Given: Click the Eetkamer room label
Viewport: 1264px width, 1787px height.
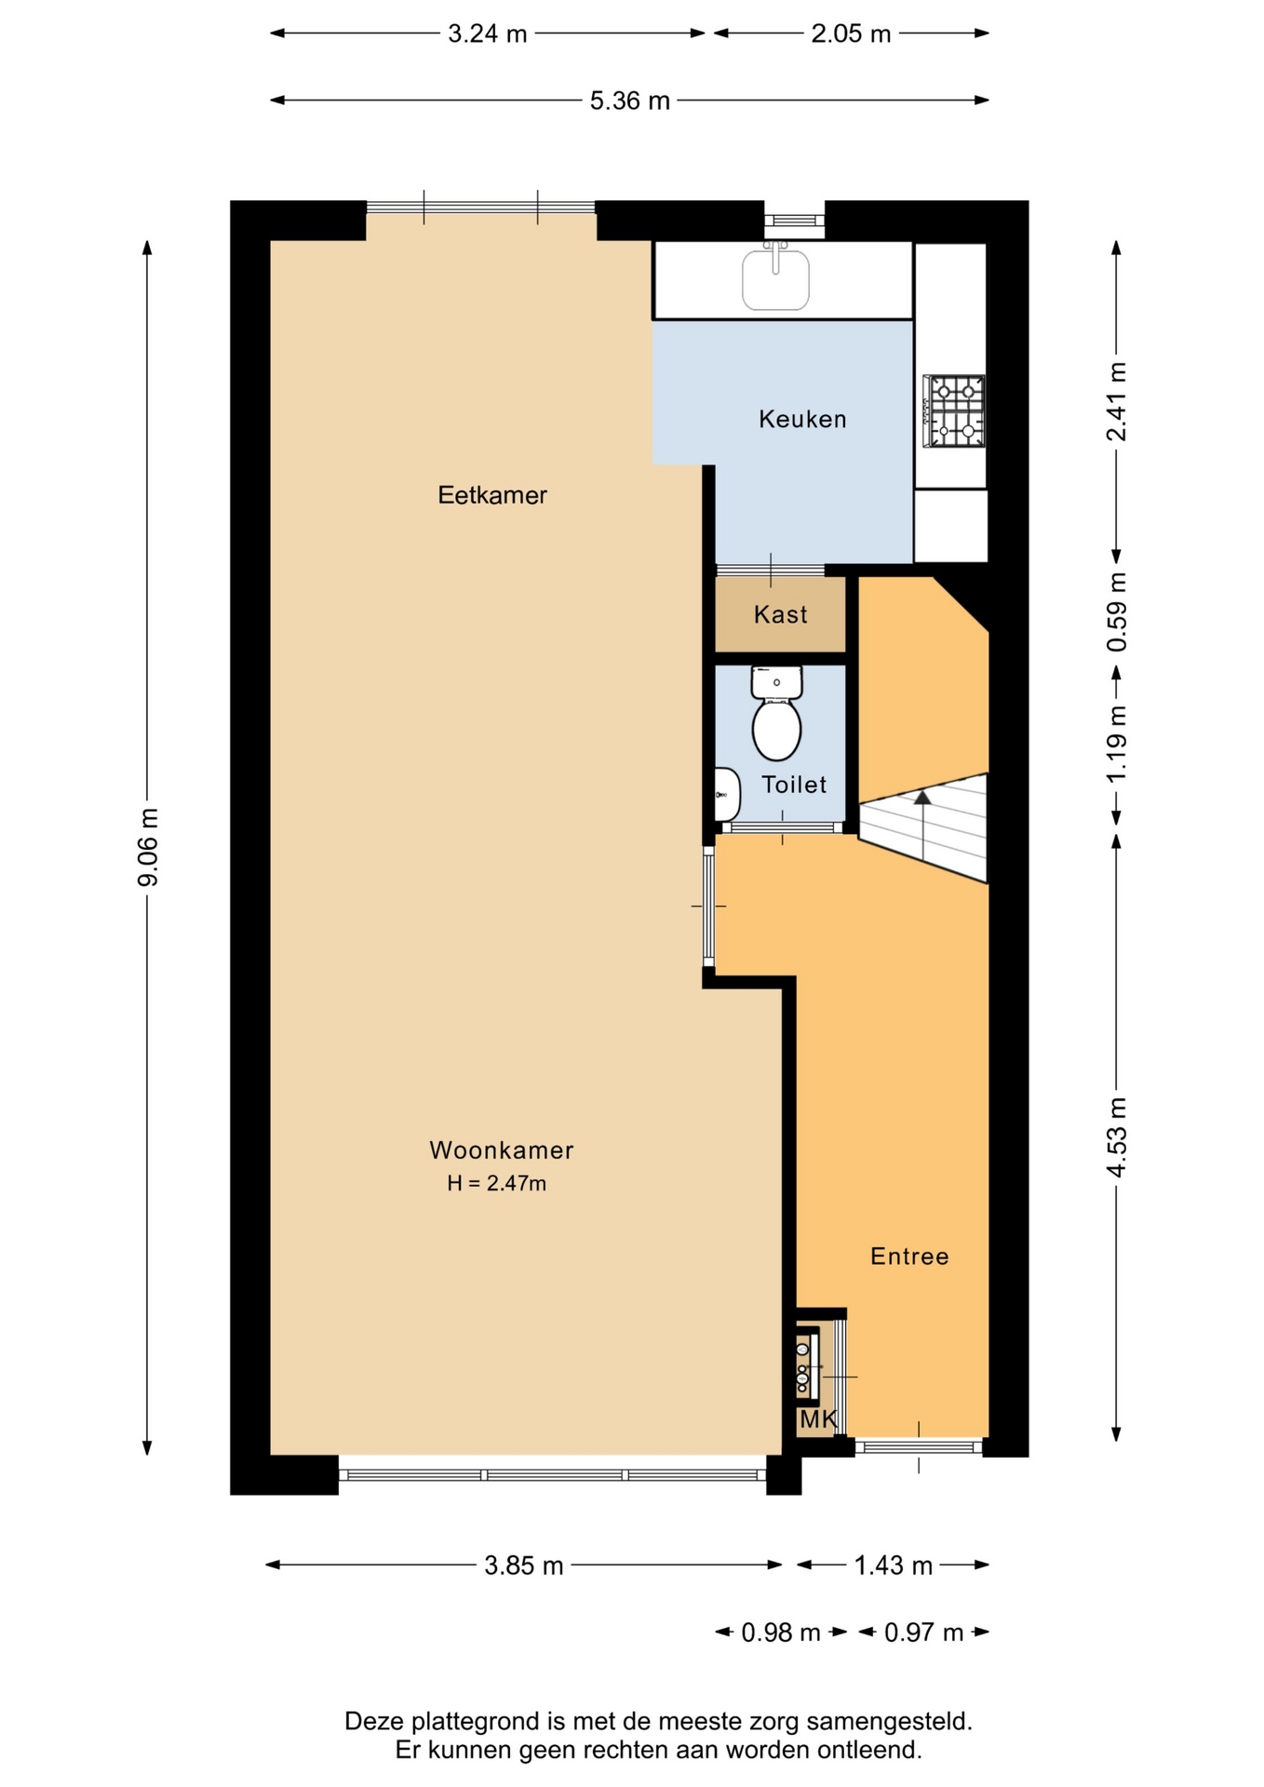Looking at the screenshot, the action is pyautogui.click(x=492, y=495).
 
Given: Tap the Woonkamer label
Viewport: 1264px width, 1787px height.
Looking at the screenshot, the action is pyautogui.click(x=502, y=1150).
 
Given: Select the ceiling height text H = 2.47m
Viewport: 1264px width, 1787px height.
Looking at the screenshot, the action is pyautogui.click(x=496, y=1184).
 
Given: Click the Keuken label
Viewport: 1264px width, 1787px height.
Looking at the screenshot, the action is pyautogui.click(x=802, y=419).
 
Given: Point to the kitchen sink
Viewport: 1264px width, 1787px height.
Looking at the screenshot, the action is pyautogui.click(x=775, y=276).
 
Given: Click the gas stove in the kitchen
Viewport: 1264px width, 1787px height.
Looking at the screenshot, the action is pyautogui.click(x=954, y=410).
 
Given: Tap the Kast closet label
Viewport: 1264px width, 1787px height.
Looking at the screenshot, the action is pyautogui.click(x=781, y=614).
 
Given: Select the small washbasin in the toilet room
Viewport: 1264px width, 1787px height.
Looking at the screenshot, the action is pyautogui.click(x=727, y=795).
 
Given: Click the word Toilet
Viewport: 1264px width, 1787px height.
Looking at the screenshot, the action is pyautogui.click(x=794, y=785).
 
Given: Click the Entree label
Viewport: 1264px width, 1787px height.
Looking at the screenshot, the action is pyautogui.click(x=909, y=1256).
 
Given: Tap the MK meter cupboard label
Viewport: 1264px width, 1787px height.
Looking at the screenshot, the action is pyautogui.click(x=819, y=1419).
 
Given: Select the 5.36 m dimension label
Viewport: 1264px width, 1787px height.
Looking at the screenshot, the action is pyautogui.click(x=630, y=101).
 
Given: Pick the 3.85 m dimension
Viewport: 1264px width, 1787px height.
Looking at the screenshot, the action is pyautogui.click(x=524, y=1565).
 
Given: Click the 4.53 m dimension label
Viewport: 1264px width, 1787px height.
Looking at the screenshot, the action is pyautogui.click(x=1117, y=1137).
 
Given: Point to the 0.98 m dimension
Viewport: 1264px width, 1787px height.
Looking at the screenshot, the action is pyautogui.click(x=781, y=1632).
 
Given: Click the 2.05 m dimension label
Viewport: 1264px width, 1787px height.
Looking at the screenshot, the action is pyautogui.click(x=851, y=34).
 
